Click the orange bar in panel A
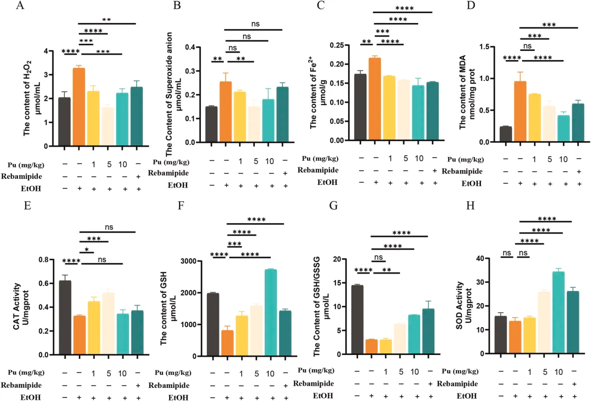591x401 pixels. pos(79,107)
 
